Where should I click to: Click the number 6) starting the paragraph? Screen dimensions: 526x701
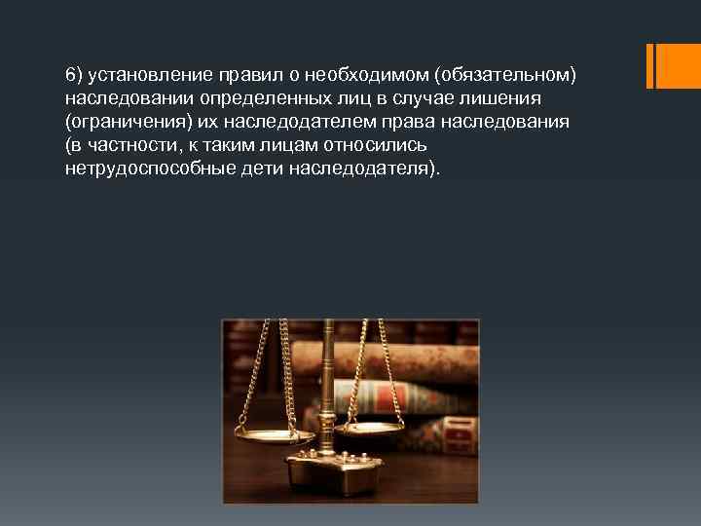point(74,76)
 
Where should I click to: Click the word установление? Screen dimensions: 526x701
point(143,76)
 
